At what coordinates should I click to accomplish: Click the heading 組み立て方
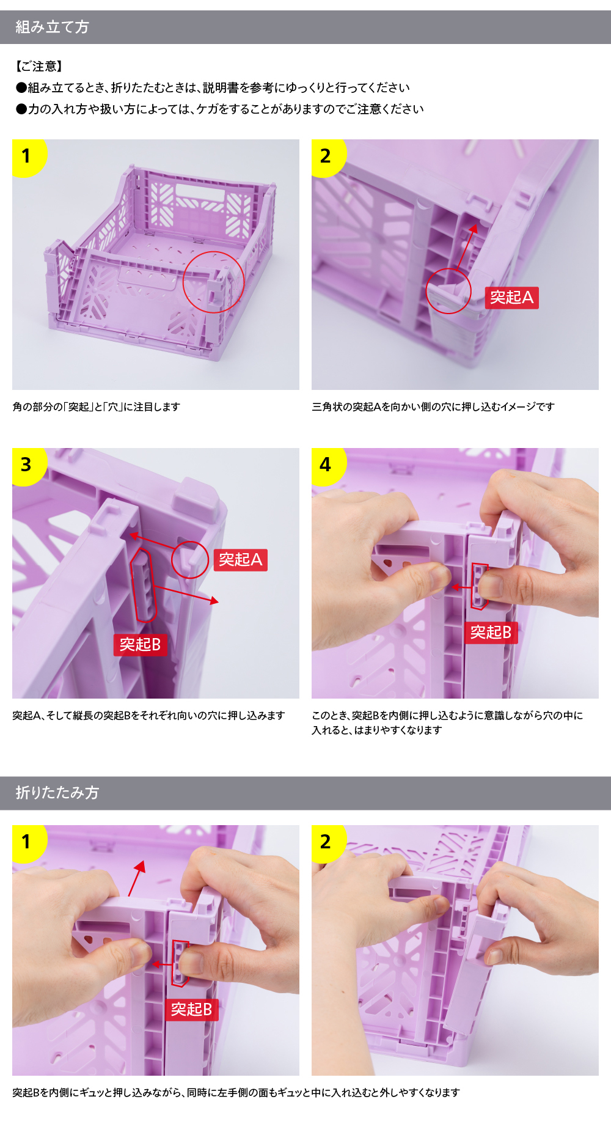click(52, 27)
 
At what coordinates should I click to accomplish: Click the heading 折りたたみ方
click(57, 793)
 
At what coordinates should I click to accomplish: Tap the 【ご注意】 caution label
click(39, 66)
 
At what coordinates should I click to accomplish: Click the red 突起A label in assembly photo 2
click(512, 298)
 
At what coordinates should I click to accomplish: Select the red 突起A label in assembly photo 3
click(241, 560)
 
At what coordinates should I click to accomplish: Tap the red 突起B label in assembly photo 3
click(140, 645)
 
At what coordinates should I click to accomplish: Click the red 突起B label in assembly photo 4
click(491, 633)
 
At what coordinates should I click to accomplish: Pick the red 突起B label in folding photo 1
click(191, 1010)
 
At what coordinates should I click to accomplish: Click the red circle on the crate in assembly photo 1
click(213, 252)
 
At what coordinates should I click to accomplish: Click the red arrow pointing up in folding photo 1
click(137, 878)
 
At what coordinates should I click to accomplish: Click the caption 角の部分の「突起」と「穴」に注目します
click(97, 407)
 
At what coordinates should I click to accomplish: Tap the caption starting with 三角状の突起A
click(433, 407)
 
